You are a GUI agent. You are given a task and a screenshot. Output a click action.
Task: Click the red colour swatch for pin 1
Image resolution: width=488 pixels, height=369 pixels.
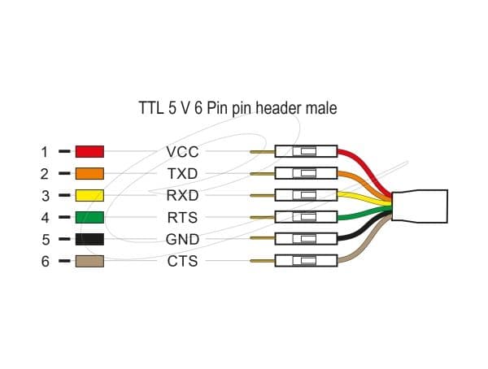89,151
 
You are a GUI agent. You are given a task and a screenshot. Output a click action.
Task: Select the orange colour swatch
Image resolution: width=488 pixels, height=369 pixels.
89,174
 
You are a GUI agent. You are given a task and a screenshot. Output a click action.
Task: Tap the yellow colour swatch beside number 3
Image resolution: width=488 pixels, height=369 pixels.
89,195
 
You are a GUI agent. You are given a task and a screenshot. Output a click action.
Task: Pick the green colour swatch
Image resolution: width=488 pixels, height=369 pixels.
89,217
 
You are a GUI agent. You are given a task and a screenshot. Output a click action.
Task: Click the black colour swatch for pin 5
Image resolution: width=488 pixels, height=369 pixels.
89,239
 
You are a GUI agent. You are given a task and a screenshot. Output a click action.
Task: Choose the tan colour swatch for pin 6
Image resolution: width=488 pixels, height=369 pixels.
89,261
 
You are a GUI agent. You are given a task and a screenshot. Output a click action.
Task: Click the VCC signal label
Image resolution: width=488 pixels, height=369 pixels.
182,152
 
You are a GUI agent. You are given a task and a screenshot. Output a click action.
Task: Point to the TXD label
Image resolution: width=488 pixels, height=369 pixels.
182,174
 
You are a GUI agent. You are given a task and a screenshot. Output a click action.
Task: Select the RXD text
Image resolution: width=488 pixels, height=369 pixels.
182,195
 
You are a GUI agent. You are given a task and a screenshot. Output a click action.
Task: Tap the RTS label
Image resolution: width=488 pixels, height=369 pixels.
182,218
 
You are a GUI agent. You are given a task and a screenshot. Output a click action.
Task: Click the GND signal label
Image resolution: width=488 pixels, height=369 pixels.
182,239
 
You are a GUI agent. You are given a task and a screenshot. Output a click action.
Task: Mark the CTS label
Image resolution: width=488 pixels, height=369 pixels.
182,261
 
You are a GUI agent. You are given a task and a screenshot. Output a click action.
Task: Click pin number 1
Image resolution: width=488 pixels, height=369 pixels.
45,152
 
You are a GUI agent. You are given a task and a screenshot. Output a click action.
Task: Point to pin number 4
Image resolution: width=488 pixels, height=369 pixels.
45,218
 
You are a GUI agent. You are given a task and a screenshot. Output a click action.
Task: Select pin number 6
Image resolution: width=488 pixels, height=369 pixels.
46,262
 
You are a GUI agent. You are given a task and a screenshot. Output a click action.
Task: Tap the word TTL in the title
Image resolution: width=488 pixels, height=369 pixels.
151,108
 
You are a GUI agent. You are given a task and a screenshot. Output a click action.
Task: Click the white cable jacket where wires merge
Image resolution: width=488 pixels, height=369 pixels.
420,206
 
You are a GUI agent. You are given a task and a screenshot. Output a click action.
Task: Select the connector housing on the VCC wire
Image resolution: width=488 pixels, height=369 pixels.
307,151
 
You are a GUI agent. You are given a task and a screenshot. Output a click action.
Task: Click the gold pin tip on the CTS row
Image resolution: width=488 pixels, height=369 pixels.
262,261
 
